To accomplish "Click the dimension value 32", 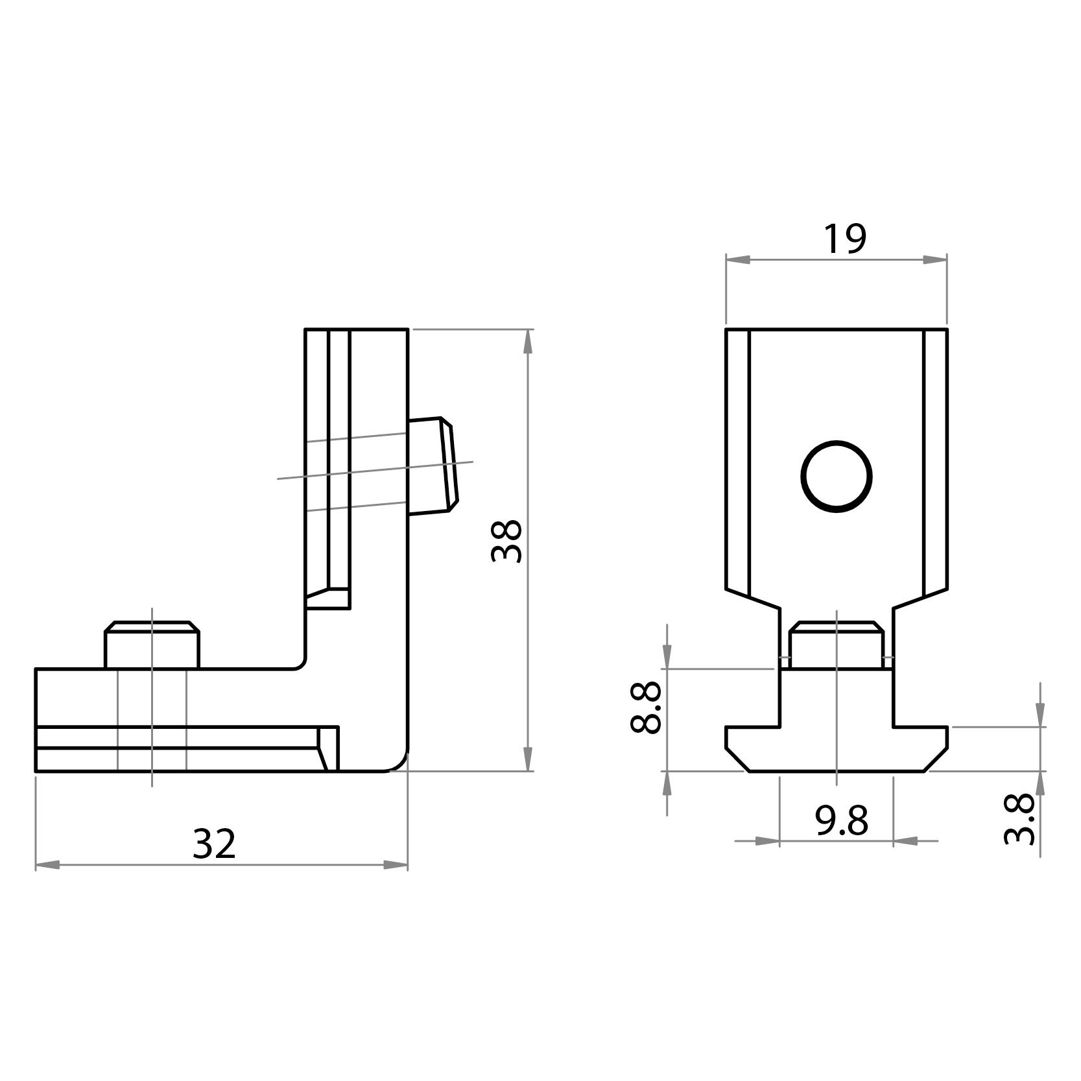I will pyautogui.click(x=214, y=844).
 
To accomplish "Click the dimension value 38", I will pyautogui.click(x=506, y=540).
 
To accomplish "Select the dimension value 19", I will pyautogui.click(x=844, y=239).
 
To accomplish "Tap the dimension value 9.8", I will pyautogui.click(x=841, y=822).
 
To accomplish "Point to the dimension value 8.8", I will pyautogui.click(x=646, y=707).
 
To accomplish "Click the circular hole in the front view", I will pyautogui.click(x=836, y=477).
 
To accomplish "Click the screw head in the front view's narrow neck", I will pyautogui.click(x=836, y=645).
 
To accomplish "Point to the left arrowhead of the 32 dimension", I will pyautogui.click(x=47, y=865).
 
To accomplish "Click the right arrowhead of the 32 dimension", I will pyautogui.click(x=396, y=865).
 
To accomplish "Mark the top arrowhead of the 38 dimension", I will pyautogui.click(x=528, y=342).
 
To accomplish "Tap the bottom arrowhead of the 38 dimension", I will pyautogui.click(x=528, y=759).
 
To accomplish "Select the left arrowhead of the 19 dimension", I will pyautogui.click(x=737, y=259).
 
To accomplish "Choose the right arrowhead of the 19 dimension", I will pyautogui.click(x=935, y=259).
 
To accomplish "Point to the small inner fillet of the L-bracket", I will pyautogui.click(x=300, y=663).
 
